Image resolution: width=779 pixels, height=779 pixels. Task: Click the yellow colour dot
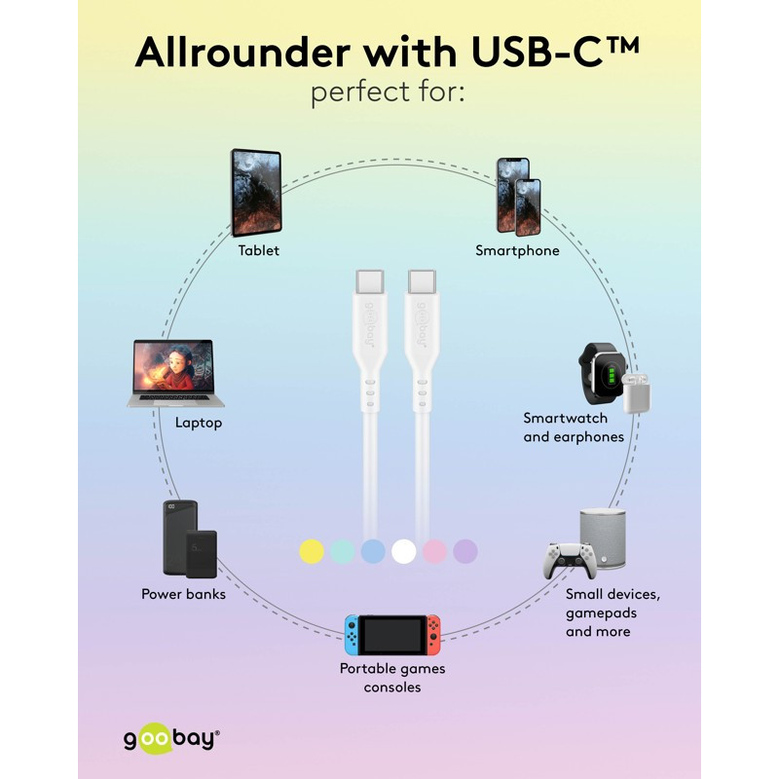[312, 551]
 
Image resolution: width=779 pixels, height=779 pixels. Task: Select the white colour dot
[403, 551]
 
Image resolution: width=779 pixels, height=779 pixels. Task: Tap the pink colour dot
[434, 551]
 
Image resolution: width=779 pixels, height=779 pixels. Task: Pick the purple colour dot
[465, 551]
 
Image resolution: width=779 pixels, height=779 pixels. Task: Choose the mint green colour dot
[343, 551]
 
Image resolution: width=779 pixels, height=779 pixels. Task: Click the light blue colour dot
[373, 551]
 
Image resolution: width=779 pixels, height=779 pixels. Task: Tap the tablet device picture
[256, 192]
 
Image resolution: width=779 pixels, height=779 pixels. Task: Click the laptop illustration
[175, 373]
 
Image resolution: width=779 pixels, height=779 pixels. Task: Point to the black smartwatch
[600, 374]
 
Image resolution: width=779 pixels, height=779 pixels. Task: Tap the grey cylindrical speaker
[603, 538]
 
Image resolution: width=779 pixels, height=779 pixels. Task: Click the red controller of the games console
[433, 635]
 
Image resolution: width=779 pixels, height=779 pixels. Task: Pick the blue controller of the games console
[352, 635]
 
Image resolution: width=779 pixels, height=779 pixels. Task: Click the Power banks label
[183, 594]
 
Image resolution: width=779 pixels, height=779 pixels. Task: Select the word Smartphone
[517, 250]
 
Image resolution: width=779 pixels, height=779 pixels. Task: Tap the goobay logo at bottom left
[171, 740]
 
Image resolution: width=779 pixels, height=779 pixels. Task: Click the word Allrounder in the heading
[242, 53]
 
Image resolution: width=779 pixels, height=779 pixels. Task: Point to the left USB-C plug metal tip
[370, 281]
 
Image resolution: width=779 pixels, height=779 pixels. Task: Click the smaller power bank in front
[202, 554]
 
